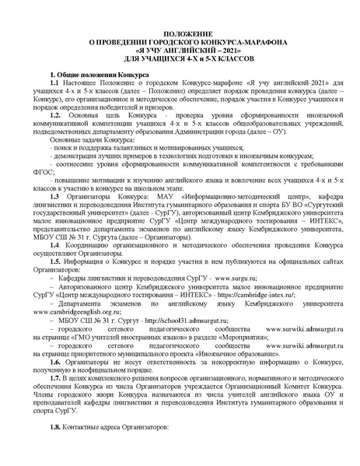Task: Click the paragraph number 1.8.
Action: click(54, 426)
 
